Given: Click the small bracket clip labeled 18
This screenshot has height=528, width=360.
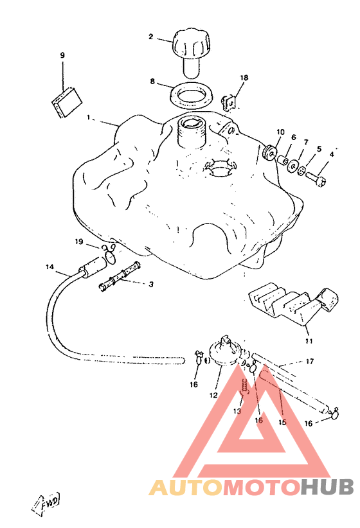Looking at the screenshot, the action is coord(228,102).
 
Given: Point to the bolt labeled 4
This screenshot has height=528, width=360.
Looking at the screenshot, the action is coord(316,178).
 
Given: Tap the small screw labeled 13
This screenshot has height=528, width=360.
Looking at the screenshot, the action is coord(244,386).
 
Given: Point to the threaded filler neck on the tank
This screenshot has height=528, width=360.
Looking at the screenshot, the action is coord(191,132).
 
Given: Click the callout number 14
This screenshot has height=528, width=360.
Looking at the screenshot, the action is coord(50,267).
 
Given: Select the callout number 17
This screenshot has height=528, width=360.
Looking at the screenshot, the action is coord(309,362).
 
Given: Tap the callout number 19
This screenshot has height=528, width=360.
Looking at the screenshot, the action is coord(78,242).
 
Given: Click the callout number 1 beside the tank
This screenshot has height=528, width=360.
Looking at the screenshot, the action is coord(88,118).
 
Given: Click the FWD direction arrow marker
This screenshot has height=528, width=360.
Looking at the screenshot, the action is coord(47,502).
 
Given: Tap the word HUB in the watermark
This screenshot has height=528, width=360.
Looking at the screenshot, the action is coord(327,487).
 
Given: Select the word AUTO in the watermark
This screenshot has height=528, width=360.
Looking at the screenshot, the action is coord(186,488).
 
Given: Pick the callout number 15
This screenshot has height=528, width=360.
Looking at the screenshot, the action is coord(282,422).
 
